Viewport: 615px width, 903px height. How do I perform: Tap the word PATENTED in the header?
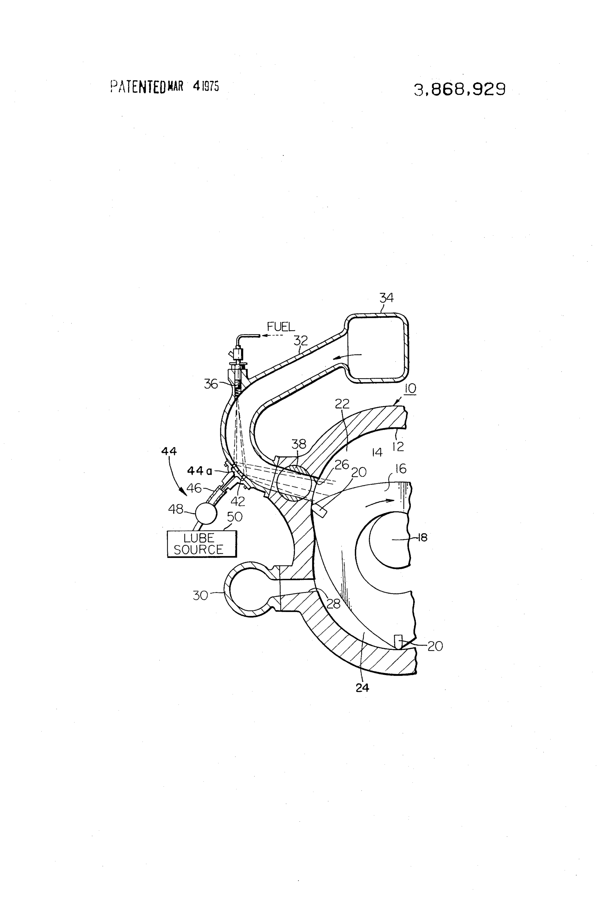[138, 87]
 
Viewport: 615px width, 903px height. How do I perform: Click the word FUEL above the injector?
[281, 327]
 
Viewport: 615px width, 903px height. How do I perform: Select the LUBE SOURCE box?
[202, 544]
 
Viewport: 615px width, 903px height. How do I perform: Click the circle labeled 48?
[206, 513]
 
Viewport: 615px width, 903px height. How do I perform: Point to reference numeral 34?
[386, 298]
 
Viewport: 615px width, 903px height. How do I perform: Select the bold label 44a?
[199, 471]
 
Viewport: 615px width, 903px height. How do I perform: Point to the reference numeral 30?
[201, 595]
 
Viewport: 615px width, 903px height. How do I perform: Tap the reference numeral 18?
[422, 538]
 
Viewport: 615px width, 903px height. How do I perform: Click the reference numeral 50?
[234, 517]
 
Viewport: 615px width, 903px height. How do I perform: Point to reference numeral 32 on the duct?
[301, 341]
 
